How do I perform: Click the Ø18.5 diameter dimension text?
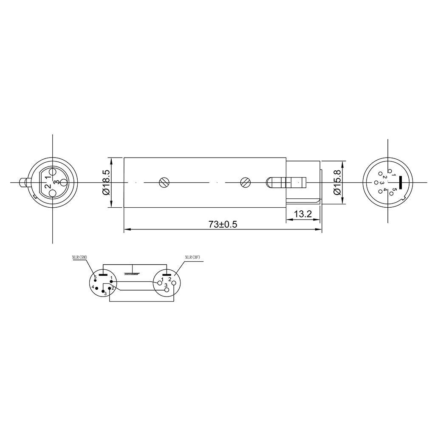coord(106,183)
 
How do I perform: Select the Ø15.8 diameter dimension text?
coord(337,183)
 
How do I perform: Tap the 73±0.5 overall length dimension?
coord(223,224)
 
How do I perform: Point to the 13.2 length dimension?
coord(303,215)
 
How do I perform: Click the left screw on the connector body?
coord(163,183)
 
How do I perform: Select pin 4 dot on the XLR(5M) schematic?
coord(96,288)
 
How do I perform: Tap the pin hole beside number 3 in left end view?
coord(62,183)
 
